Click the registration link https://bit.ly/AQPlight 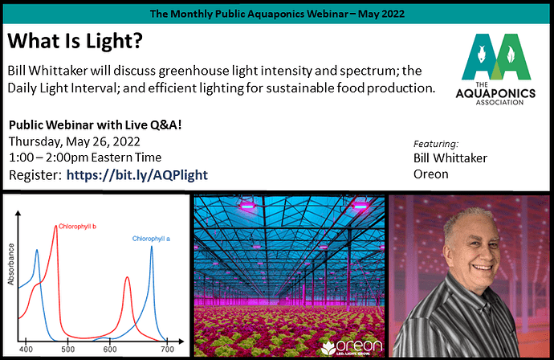[x=137, y=175]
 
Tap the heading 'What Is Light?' [x=75, y=41]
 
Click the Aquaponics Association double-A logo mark [x=496, y=56]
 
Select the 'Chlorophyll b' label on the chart [x=77, y=227]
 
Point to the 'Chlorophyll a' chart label [x=151, y=239]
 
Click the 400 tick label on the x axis [x=26, y=350]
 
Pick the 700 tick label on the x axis [x=168, y=350]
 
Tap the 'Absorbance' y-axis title [x=11, y=264]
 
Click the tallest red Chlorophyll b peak [x=56, y=227]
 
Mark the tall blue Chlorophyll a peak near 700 [x=152, y=247]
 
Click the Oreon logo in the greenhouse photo [x=352, y=347]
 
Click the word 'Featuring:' [x=436, y=144]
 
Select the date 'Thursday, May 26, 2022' [x=75, y=141]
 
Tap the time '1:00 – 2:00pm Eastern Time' [x=85, y=157]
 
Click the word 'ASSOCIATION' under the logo [x=499, y=103]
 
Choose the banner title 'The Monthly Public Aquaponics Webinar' [x=249, y=14]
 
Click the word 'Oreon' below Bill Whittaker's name [x=430, y=174]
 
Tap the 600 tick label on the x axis [x=110, y=350]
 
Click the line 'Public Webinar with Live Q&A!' [x=95, y=125]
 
